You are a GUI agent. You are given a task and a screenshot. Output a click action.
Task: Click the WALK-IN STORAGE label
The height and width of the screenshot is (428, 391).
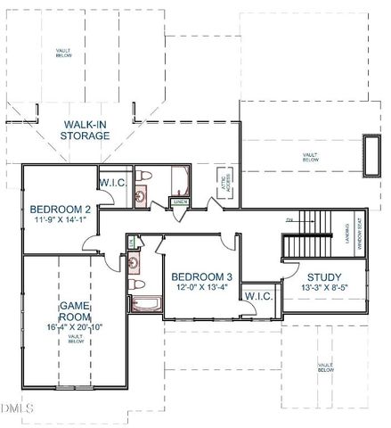[86, 129]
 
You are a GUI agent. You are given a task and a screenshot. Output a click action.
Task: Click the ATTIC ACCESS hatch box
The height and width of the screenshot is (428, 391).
[223, 183]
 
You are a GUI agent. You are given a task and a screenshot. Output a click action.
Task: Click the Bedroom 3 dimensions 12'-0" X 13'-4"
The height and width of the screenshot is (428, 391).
[201, 288]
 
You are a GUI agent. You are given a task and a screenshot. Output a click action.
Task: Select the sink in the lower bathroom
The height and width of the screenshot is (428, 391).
[134, 262]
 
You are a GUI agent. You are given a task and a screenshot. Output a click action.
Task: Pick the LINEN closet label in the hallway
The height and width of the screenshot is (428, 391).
[179, 202]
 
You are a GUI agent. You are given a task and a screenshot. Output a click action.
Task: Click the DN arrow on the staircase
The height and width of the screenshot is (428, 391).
[289, 219]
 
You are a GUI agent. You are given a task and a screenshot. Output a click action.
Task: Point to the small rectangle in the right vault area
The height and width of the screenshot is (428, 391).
[366, 155]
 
